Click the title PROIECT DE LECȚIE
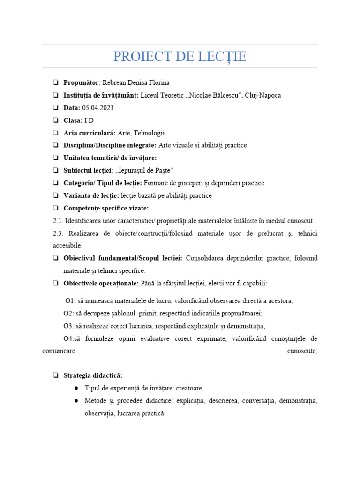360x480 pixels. tap(180, 57)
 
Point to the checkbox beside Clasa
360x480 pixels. tap(56, 120)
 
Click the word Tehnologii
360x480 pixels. tap(149, 133)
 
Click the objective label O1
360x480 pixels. tap(70, 301)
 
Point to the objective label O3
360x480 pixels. tap(69, 326)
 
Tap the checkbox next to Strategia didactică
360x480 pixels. tap(56, 375)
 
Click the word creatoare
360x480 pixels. tap(189, 388)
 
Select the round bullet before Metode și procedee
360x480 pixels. tap(76, 401)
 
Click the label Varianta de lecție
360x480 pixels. tap(91, 195)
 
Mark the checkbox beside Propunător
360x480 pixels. tap(56, 82)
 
